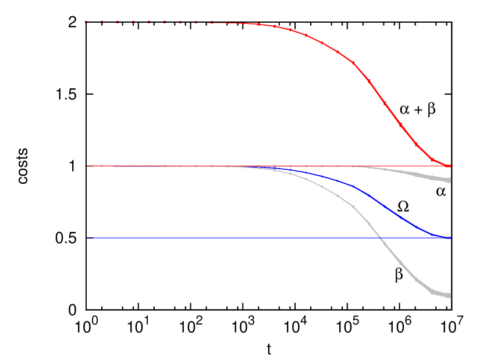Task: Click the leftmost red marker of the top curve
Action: click(x=86, y=22)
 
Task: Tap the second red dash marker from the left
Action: click(x=102, y=22)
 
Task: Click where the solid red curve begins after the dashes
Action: click(x=213, y=23)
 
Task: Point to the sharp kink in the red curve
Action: click(x=353, y=62)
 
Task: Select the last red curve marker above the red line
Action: click(x=432, y=159)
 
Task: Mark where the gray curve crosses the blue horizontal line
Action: click(x=380, y=238)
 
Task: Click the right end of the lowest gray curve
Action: click(x=449, y=295)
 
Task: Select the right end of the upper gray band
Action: click(x=449, y=180)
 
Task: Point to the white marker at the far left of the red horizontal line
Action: click(x=86, y=166)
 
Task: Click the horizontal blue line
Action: click(x=233, y=238)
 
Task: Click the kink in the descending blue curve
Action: click(x=353, y=186)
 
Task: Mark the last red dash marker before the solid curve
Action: click(x=212, y=22)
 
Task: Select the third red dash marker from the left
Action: click(x=118, y=22)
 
